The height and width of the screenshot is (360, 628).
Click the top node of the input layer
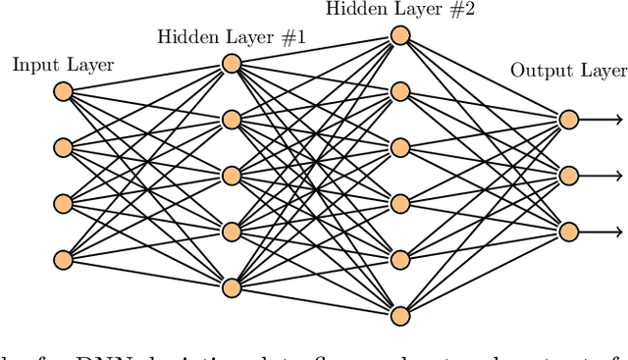[x=63, y=91]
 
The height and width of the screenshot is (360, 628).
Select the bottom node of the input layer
[x=63, y=259]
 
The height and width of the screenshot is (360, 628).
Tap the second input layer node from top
[x=63, y=147]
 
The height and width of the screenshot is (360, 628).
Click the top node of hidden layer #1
[x=232, y=64]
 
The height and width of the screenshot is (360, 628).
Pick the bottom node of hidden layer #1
[x=232, y=287]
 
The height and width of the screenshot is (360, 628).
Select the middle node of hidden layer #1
[x=232, y=176]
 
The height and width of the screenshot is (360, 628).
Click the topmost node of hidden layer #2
[x=399, y=35]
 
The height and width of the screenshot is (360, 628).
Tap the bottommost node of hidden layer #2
[x=399, y=315]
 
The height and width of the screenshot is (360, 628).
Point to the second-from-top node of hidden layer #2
[x=399, y=91]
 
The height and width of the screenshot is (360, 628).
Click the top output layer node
[x=567, y=120]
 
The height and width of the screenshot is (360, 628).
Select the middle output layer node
[x=567, y=176]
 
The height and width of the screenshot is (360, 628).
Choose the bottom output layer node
[x=567, y=231]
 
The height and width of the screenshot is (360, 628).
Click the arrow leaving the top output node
[x=601, y=120]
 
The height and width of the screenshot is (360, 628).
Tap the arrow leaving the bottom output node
[x=601, y=231]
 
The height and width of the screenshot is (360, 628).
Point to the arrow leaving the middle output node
[x=601, y=176]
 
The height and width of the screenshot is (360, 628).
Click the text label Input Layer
[x=63, y=66]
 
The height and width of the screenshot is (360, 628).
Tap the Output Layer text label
[x=568, y=71]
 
